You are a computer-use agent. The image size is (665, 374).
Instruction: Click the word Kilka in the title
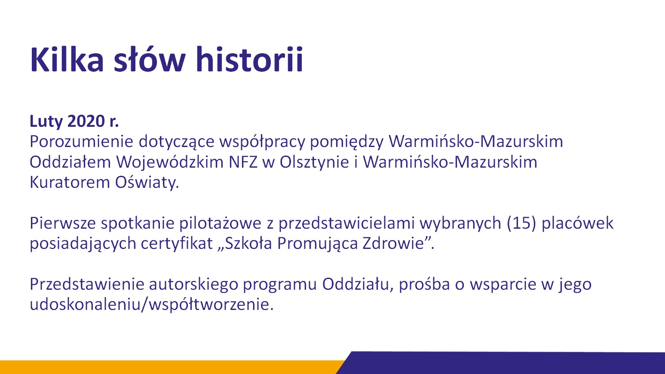(67, 59)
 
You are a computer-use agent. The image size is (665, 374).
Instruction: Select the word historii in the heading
(249, 59)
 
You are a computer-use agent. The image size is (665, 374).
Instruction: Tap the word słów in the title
(150, 59)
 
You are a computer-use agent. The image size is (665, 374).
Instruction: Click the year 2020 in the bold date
(86, 121)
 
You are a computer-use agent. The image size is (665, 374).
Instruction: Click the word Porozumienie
(81, 141)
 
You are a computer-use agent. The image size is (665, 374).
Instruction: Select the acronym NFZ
(243, 162)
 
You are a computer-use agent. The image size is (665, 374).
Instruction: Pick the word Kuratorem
(70, 182)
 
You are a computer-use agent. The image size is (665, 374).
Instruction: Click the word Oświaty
(147, 182)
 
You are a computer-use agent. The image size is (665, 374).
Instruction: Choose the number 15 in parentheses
(521, 223)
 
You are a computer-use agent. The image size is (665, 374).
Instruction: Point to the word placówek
(577, 223)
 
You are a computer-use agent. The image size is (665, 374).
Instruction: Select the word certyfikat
(177, 244)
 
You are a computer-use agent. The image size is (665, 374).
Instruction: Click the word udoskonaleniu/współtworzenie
(151, 305)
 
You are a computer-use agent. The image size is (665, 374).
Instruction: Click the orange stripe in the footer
(169, 367)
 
